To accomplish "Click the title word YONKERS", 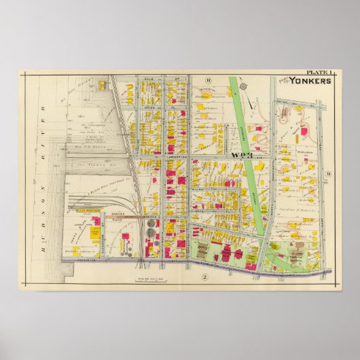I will [x=311, y=81].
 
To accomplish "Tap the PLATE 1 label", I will [x=319, y=73].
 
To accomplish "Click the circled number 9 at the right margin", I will [x=327, y=175].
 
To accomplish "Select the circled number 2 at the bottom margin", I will [x=203, y=276].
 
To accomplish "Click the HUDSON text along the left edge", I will [x=43, y=232].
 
